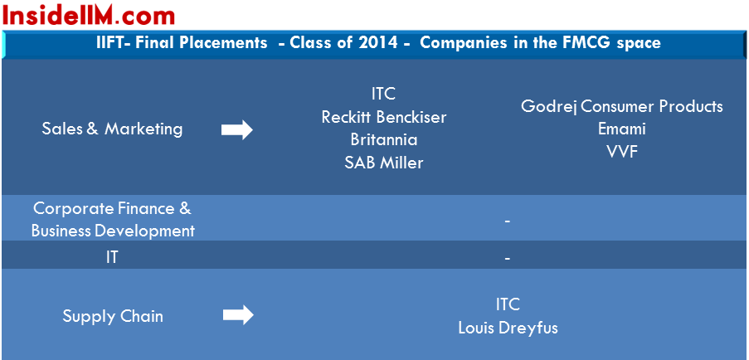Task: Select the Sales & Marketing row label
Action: point(112,129)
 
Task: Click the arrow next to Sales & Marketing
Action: point(237,129)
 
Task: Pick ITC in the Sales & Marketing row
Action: point(383,94)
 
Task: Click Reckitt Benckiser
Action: point(383,117)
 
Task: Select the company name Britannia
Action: point(383,140)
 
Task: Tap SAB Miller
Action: point(383,163)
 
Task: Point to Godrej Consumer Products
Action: point(622,106)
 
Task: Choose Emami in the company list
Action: point(622,129)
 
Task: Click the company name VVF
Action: point(622,152)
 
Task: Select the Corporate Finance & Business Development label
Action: point(113,220)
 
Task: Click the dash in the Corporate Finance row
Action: point(508,221)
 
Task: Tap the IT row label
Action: point(112,258)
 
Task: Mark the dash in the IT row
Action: point(508,258)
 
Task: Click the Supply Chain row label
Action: point(113,316)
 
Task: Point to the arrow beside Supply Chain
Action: point(238,315)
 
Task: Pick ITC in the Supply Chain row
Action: point(508,304)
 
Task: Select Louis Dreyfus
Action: point(508,328)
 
